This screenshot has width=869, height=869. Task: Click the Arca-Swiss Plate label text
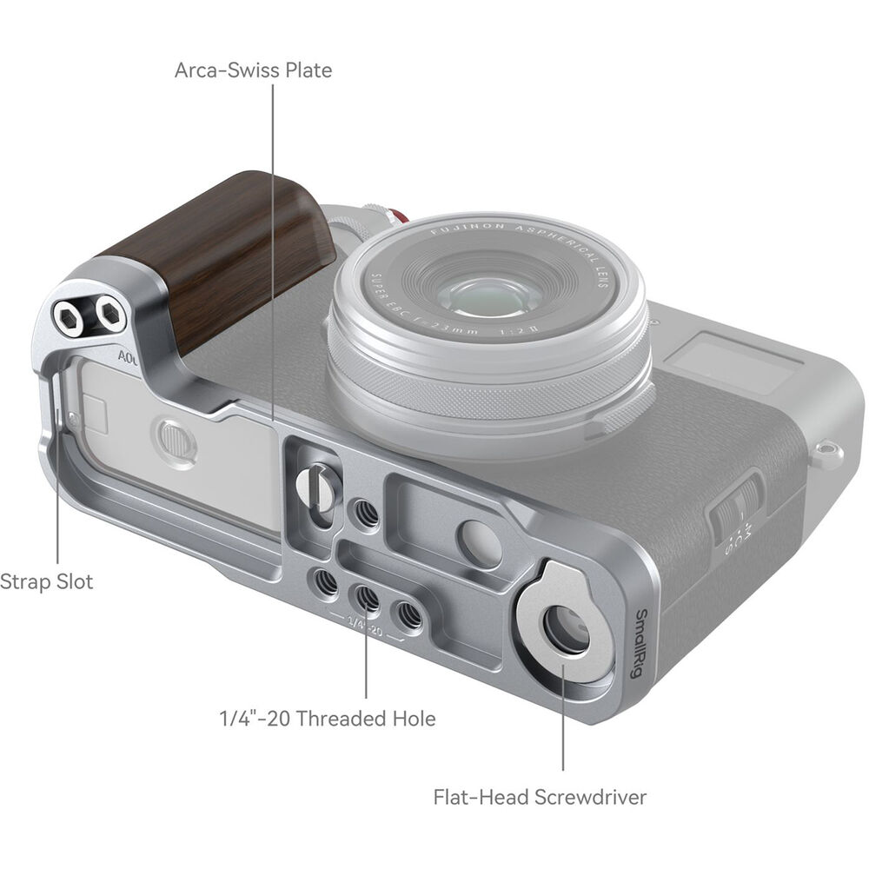click(253, 70)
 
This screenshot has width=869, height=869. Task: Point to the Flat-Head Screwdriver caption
click(540, 796)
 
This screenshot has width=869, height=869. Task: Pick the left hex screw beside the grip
click(68, 319)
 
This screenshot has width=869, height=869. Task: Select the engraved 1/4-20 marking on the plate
click(365, 624)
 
